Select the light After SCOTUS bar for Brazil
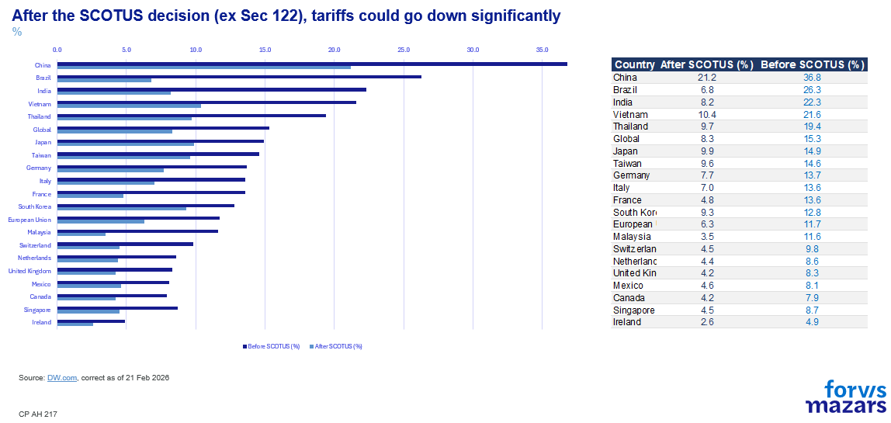[x=104, y=80]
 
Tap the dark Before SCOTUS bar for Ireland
[x=91, y=321]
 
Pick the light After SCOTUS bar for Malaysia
[x=81, y=234]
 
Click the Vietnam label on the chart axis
[x=40, y=104]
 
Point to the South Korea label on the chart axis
[x=35, y=206]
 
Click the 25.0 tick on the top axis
[x=404, y=50]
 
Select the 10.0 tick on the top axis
[x=196, y=50]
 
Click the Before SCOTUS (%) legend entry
[x=272, y=346]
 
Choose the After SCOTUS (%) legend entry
[x=336, y=346]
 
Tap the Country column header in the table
[x=634, y=65]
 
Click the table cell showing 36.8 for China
[x=812, y=78]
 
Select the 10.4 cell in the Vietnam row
[x=707, y=114]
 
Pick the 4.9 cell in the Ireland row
[x=812, y=322]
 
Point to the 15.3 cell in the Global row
[x=812, y=139]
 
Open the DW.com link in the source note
[x=62, y=378]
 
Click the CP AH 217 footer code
[x=38, y=414]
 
